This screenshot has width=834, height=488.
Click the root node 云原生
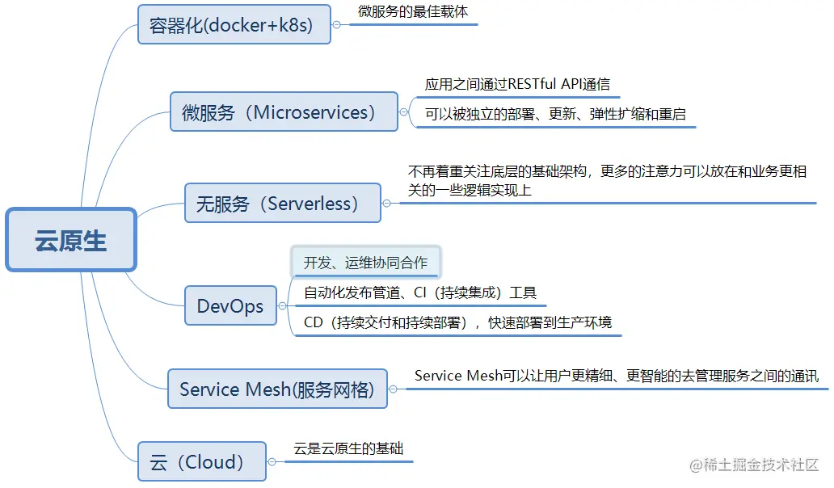point(71,240)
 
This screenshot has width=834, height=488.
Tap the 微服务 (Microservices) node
point(284,111)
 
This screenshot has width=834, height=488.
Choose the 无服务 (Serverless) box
point(282,203)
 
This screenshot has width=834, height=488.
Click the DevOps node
point(230,306)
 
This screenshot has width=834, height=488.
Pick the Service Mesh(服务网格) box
point(277,389)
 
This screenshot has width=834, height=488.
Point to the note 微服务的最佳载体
point(412,13)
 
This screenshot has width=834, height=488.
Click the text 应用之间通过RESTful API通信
point(517,84)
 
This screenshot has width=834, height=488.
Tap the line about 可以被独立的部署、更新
point(555,114)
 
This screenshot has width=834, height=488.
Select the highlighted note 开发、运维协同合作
point(365,262)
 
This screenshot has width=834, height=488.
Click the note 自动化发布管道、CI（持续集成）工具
point(420,292)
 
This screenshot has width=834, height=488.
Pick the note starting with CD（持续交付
point(457,322)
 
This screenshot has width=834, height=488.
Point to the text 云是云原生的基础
point(348,448)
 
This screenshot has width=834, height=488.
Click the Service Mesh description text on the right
point(616,376)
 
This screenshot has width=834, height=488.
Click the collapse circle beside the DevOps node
point(282,306)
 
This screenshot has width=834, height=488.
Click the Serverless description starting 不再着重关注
point(607,180)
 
